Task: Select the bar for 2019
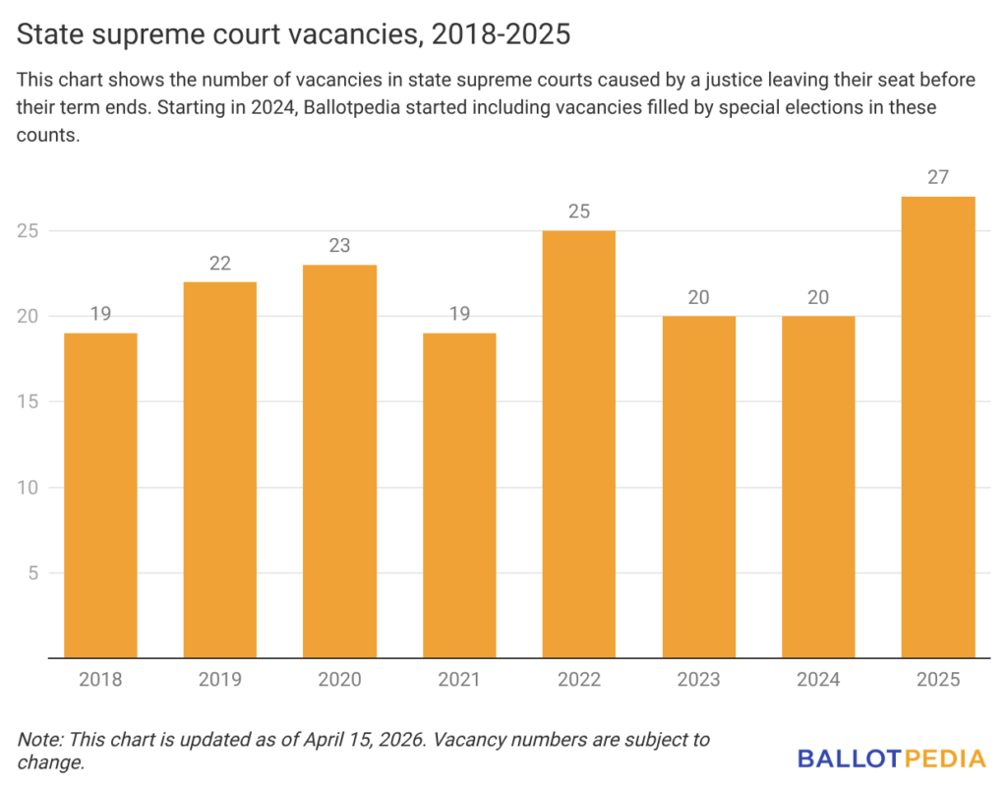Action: click(x=220, y=469)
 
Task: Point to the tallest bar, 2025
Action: click(x=938, y=427)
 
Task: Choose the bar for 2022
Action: click(x=579, y=444)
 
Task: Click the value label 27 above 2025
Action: click(x=938, y=177)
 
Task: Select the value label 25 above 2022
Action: click(x=579, y=212)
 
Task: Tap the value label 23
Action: click(x=339, y=246)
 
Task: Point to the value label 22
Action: click(x=220, y=263)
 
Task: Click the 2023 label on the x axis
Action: click(x=698, y=680)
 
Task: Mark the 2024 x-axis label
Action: click(x=818, y=680)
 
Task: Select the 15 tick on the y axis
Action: click(x=31, y=401)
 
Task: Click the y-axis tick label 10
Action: click(x=31, y=487)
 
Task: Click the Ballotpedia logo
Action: click(x=891, y=759)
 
